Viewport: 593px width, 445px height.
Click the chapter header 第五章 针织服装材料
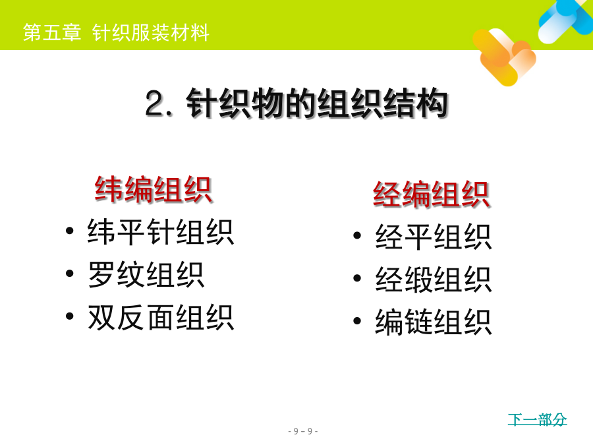pyautogui.click(x=116, y=32)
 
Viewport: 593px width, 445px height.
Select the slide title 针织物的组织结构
pyautogui.click(x=318, y=104)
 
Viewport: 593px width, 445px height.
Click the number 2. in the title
pyautogui.click(x=159, y=104)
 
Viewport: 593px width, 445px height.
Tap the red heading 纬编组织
pyautogui.click(x=153, y=190)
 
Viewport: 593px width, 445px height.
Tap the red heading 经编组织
pyautogui.click(x=432, y=194)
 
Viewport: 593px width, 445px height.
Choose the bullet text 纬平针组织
pyautogui.click(x=161, y=232)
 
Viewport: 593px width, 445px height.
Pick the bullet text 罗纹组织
pyautogui.click(x=146, y=275)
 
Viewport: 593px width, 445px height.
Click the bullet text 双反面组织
pyautogui.click(x=161, y=318)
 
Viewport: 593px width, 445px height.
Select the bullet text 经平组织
pyautogui.click(x=434, y=237)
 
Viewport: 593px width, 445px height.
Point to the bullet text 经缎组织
pyautogui.click(x=434, y=280)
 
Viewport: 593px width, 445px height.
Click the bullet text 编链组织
pyautogui.click(x=434, y=322)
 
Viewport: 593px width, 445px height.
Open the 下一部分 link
pyautogui.click(x=538, y=420)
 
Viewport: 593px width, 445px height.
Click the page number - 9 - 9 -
pyautogui.click(x=303, y=431)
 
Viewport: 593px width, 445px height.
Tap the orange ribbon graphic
pyautogui.click(x=504, y=57)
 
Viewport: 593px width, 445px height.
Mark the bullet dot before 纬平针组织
pyautogui.click(x=70, y=231)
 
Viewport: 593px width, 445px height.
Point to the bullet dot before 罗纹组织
pyautogui.click(x=70, y=273)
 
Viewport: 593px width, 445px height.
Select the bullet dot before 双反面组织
pyautogui.click(x=70, y=316)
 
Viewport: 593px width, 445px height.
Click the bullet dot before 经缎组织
pyautogui.click(x=357, y=278)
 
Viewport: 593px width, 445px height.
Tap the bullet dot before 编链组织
pyautogui.click(x=357, y=321)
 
